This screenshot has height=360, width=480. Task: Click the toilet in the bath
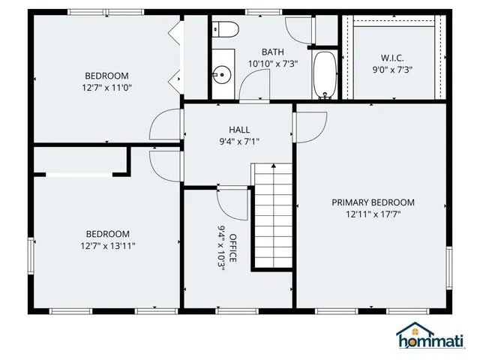[226, 29]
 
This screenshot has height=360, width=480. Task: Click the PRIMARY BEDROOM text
[373, 202]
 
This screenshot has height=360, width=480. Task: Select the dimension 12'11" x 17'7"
[373, 214]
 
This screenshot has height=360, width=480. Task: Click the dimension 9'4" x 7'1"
[239, 141]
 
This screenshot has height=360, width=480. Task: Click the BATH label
[272, 52]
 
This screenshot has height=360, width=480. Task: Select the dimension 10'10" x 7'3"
[272, 64]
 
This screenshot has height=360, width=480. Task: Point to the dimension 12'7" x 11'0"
[106, 88]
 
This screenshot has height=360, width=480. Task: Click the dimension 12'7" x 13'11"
[107, 245]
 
